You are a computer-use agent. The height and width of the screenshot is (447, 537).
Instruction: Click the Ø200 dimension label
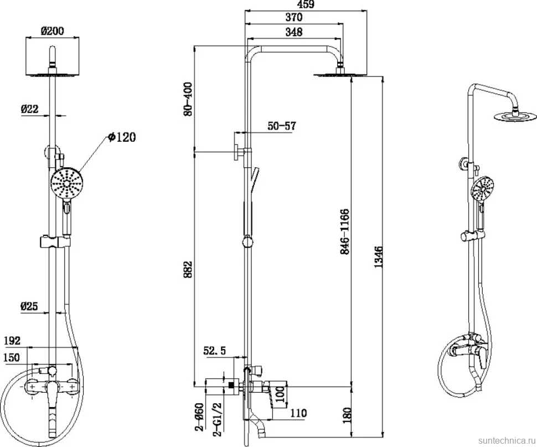pos(53,30)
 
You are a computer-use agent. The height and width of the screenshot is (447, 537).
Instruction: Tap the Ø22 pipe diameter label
pos(29,109)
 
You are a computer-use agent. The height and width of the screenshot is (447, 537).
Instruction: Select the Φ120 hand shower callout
pos(122,137)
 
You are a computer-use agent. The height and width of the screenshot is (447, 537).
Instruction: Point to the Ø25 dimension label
pos(29,306)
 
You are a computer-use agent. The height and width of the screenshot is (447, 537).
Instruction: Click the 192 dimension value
pos(12,341)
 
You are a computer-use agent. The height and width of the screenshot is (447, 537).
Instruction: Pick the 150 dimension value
pos(12,357)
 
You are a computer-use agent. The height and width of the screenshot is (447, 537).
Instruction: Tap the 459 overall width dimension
pos(305,4)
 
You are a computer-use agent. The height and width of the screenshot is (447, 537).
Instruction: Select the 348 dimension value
pos(294,32)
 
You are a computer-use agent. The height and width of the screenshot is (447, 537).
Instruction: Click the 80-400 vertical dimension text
pos(188,99)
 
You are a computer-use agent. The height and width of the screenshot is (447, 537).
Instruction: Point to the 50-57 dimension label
pos(282,126)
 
